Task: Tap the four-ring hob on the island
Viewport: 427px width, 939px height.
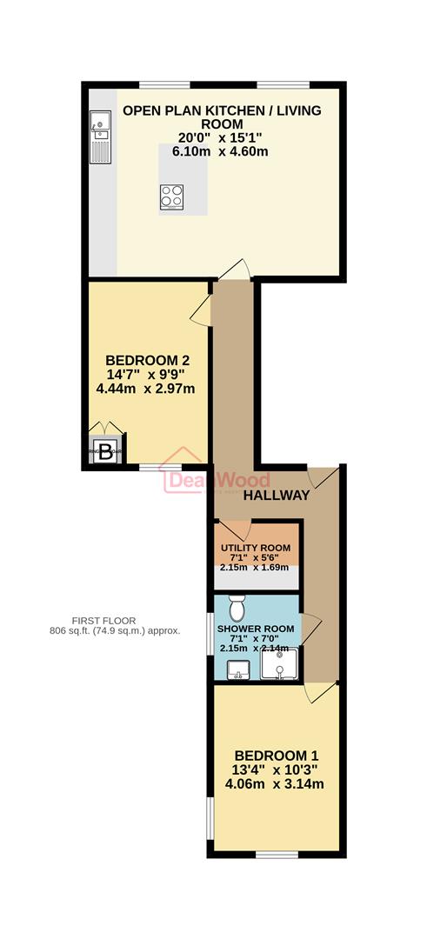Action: tap(171, 197)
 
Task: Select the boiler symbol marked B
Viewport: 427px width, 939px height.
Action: tap(105, 451)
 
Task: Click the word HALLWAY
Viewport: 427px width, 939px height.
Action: tap(276, 496)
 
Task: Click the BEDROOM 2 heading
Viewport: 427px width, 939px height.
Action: tap(147, 360)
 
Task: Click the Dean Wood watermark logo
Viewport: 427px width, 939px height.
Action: tap(218, 480)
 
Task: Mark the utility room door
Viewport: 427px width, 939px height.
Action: tap(234, 530)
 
